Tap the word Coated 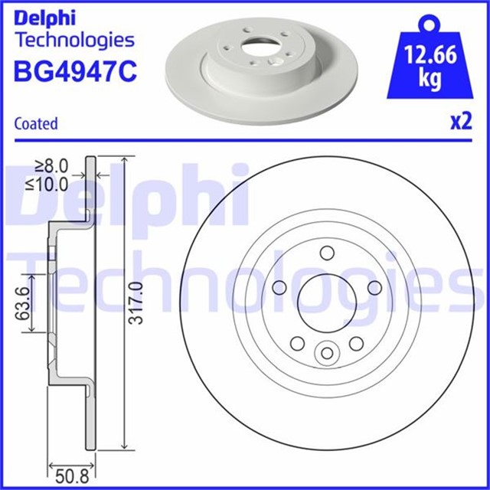point(36,123)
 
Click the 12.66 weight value point(430,57)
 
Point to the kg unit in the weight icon point(430,79)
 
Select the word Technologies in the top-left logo point(74,39)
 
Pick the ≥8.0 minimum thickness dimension point(52,165)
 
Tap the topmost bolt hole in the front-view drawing point(327,253)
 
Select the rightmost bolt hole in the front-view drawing point(374,286)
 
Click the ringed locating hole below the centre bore point(327,352)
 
